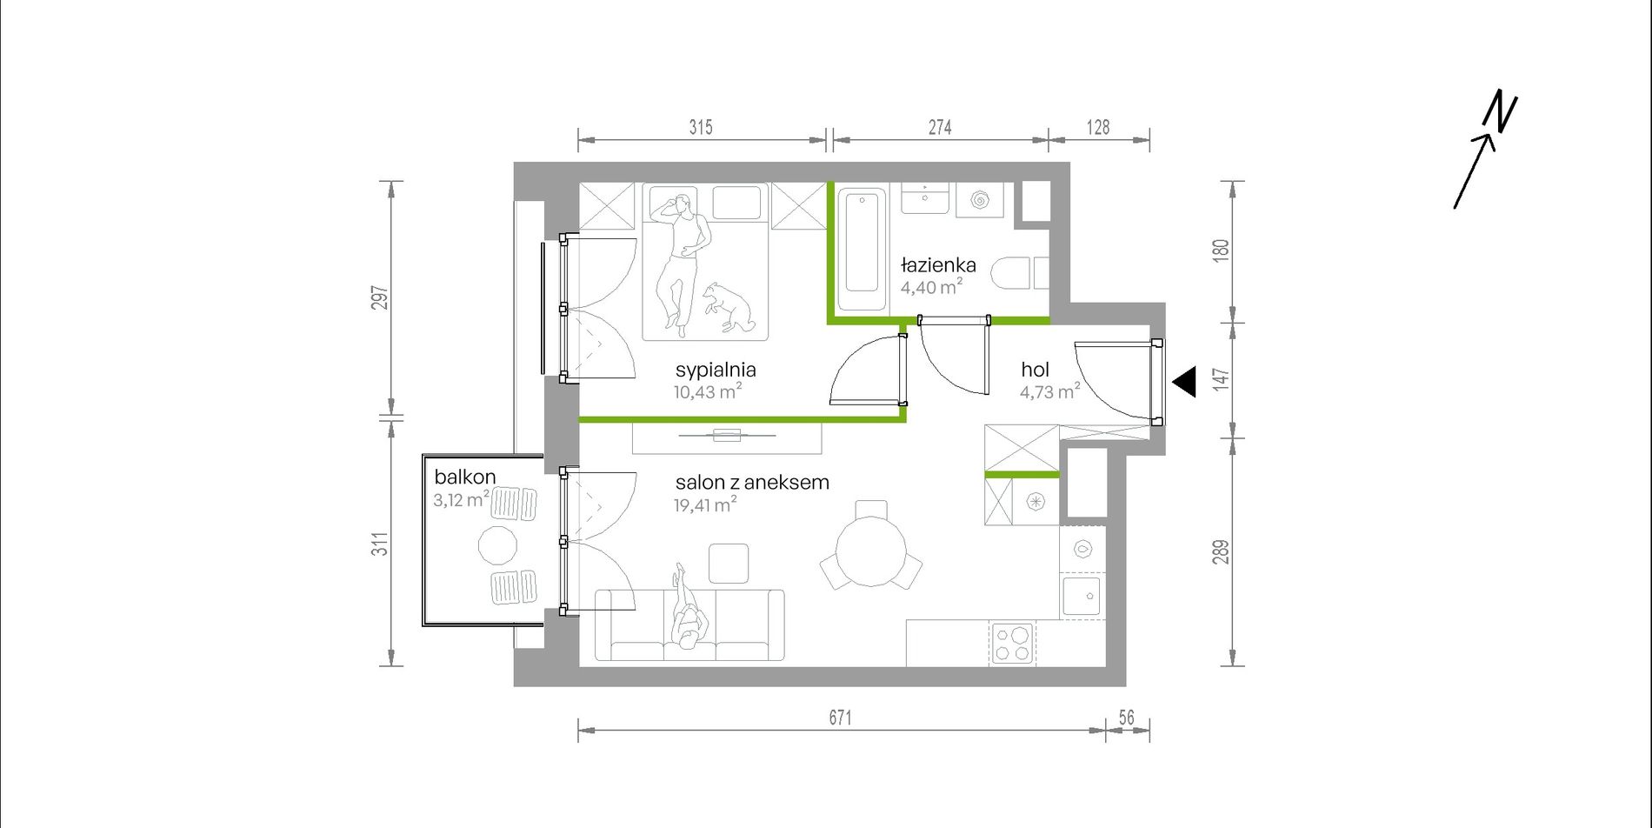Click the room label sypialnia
[715, 370]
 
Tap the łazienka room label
[938, 264]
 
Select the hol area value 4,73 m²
[1049, 391]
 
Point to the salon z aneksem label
[752, 482]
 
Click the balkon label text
[465, 477]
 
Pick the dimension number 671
[840, 718]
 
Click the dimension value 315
[701, 128]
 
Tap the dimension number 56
[1127, 718]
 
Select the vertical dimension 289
[1222, 552]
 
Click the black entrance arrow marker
[1184, 382]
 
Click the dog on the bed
[729, 306]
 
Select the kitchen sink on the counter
[1082, 596]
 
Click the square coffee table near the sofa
[729, 563]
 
